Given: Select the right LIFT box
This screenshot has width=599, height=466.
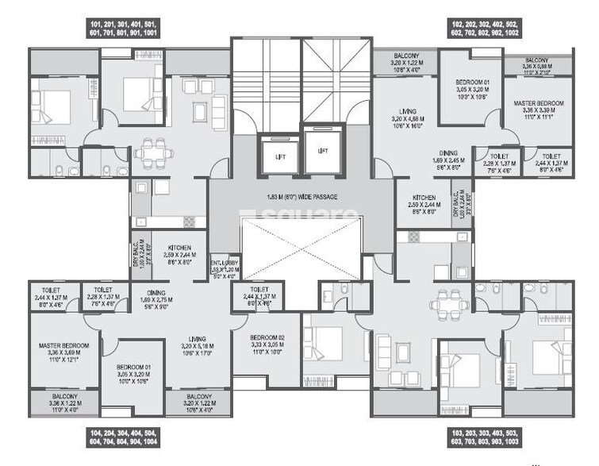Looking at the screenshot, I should point(321,152).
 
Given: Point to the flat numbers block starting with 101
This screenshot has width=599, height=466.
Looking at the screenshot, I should point(129,39).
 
